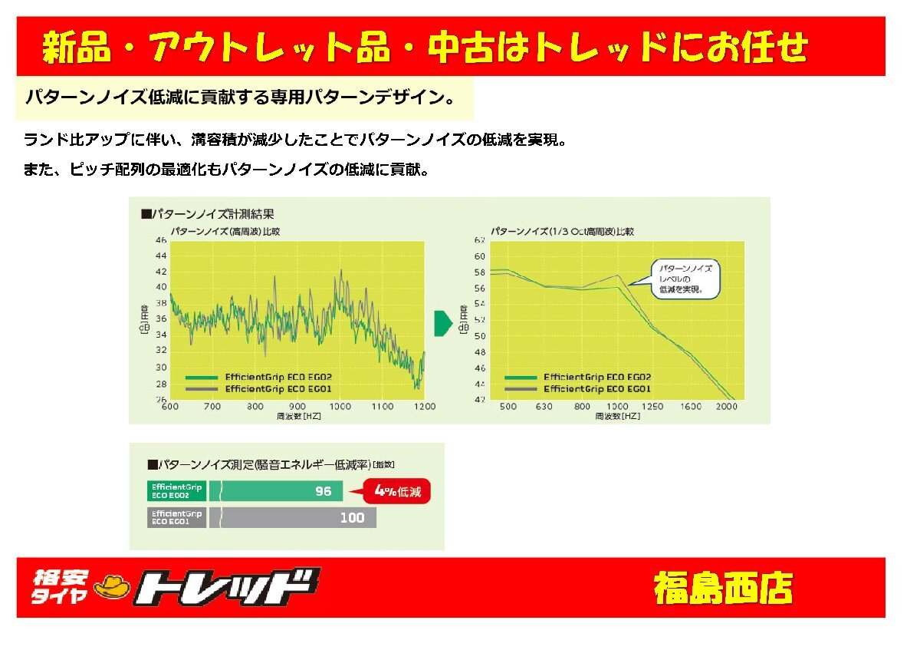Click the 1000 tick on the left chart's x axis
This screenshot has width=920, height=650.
(340, 406)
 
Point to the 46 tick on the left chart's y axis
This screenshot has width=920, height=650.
(161, 240)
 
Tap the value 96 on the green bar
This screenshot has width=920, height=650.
(323, 491)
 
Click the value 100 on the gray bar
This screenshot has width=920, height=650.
(352, 518)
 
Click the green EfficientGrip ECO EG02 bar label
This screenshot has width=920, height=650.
(176, 491)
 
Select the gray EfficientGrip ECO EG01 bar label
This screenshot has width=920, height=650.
(176, 518)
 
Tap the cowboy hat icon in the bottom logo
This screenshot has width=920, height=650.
(112, 588)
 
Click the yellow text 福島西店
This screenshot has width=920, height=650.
(723, 589)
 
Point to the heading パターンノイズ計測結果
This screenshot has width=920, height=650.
(212, 214)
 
